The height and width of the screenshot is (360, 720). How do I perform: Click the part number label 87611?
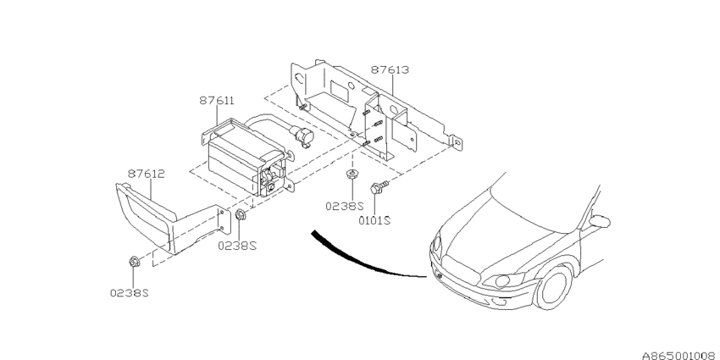[217, 100]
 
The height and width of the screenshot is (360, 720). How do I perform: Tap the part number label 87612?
[145, 174]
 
